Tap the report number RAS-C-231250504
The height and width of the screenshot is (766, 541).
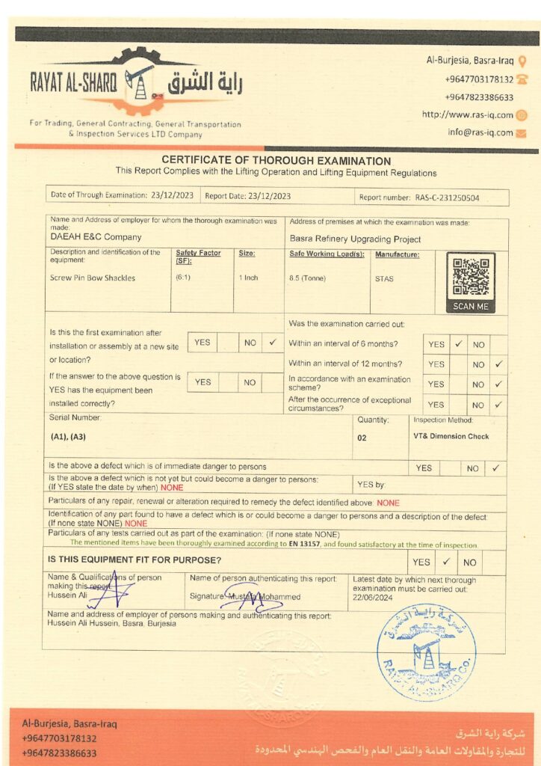pos(447,197)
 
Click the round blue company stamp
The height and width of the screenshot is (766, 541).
pos(426,652)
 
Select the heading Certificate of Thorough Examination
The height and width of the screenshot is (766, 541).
pos(276,161)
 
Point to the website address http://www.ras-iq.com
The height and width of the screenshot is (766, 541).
pos(467,114)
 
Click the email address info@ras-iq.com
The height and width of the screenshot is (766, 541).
pos(480,132)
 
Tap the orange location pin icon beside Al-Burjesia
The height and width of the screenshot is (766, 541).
pos(522,61)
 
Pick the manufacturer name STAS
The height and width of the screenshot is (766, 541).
pos(384,278)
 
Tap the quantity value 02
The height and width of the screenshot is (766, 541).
pos(362,438)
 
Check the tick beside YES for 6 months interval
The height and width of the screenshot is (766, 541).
pos(459,345)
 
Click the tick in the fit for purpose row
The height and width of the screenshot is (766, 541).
pos(445,561)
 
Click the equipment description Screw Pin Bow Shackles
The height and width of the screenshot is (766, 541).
pos(93,278)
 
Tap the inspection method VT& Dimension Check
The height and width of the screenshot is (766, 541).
pos(451,436)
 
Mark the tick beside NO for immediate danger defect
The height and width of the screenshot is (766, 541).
pos(495,468)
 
